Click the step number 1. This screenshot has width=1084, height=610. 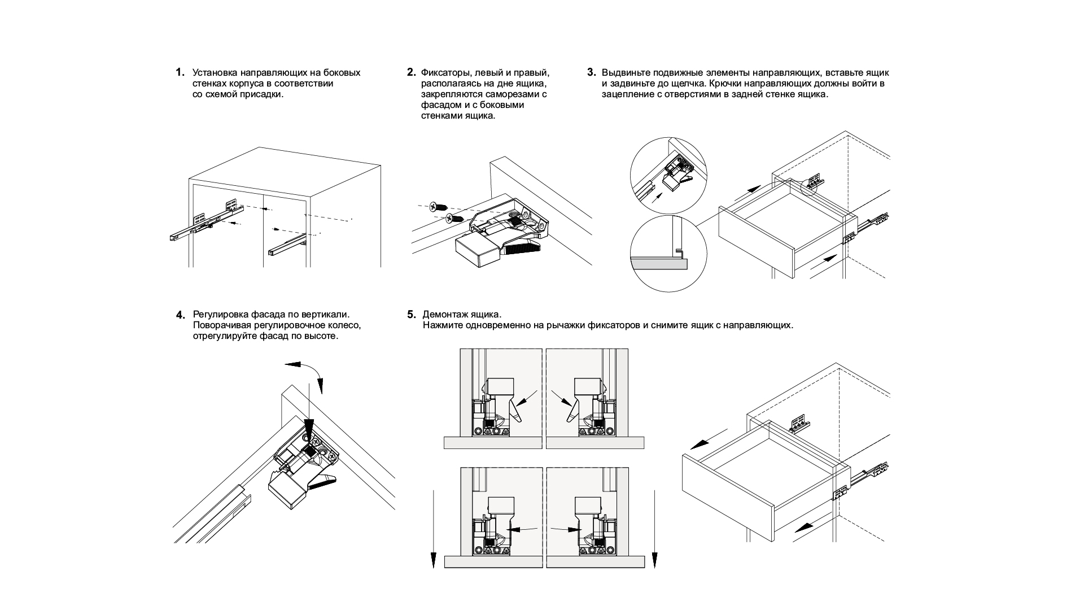tap(180, 72)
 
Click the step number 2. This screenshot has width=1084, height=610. tap(411, 72)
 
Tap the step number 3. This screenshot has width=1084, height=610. tap(591, 72)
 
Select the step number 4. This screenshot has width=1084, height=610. tap(180, 315)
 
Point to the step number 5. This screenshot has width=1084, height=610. tap(411, 315)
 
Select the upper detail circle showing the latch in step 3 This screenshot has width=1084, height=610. tap(668, 175)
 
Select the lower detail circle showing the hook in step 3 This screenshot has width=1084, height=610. tap(668, 253)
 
